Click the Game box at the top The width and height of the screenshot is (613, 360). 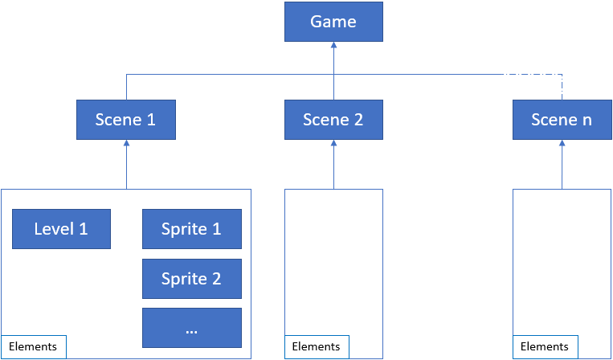[x=333, y=22]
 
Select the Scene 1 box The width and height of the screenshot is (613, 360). [x=125, y=120]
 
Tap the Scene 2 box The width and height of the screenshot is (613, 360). [x=333, y=120]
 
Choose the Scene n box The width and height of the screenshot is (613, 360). [x=562, y=120]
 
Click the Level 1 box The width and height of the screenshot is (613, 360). [x=61, y=229]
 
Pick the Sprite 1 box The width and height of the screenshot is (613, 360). [x=191, y=229]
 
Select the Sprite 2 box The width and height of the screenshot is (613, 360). [x=191, y=279]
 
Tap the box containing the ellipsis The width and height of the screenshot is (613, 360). [x=191, y=328]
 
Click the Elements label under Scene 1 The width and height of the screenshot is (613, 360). [x=34, y=346]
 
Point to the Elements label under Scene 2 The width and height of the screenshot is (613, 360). [x=317, y=346]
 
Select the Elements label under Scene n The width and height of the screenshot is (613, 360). [x=545, y=346]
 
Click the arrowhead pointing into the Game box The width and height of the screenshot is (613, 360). [x=333, y=47]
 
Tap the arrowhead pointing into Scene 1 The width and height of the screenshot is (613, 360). [x=126, y=145]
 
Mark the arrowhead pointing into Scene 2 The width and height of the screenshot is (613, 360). [x=333, y=145]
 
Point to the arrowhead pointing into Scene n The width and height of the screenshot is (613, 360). [x=562, y=145]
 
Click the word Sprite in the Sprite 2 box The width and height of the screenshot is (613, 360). [x=182, y=279]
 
